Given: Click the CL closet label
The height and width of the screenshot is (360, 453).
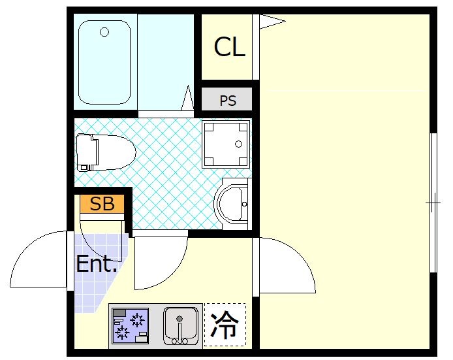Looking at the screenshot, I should [x=230, y=47].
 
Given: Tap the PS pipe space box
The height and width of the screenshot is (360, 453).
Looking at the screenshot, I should [x=227, y=101].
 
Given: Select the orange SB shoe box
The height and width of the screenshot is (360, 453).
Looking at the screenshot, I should [x=102, y=204].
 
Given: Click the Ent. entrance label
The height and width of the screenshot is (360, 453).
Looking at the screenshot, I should [x=97, y=264].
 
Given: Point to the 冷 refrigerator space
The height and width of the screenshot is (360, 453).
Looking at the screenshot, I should [x=225, y=325].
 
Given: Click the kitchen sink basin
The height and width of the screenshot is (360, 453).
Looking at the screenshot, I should [x=180, y=324].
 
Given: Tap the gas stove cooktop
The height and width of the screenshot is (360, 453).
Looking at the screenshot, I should [x=130, y=325].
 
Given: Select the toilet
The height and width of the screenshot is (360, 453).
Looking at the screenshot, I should [x=104, y=152].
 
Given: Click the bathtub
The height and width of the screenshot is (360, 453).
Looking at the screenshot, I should [x=104, y=62].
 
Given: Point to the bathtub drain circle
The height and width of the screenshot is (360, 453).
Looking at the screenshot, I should [x=104, y=31].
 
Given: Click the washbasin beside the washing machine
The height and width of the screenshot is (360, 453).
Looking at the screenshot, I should [x=232, y=204].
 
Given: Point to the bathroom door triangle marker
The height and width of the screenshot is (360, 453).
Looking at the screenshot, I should [x=188, y=100].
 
